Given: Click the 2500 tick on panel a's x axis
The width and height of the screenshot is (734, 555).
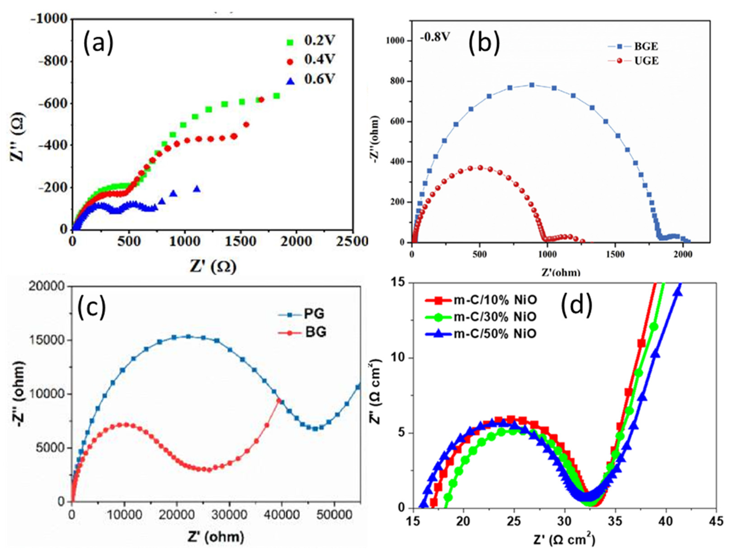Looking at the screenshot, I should click(x=352, y=242).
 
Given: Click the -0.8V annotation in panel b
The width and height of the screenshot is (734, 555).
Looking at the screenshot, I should click(x=435, y=37).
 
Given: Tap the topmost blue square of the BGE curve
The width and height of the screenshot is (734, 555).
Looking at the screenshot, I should click(x=532, y=85).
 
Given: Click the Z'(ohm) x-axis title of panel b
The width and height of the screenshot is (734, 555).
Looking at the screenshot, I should click(x=561, y=273).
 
